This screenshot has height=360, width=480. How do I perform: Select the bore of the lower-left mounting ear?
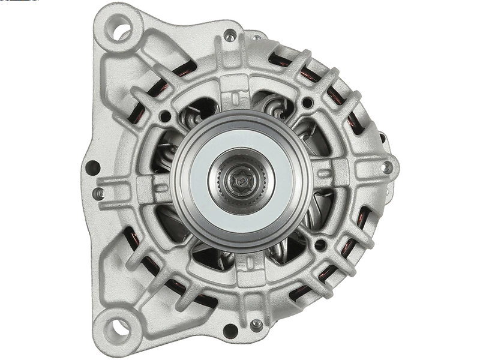pyautogui.click(x=118, y=327)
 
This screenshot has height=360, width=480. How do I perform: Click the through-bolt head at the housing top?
pyautogui.click(x=230, y=34)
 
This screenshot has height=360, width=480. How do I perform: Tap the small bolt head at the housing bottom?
pyautogui.click(x=256, y=325)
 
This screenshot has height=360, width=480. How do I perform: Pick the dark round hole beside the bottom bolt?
pyautogui.click(x=229, y=330)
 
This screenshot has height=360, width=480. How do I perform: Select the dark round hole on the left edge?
pyautogui.click(x=92, y=167)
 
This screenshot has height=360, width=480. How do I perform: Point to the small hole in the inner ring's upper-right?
pyautogui.click(x=308, y=102)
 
